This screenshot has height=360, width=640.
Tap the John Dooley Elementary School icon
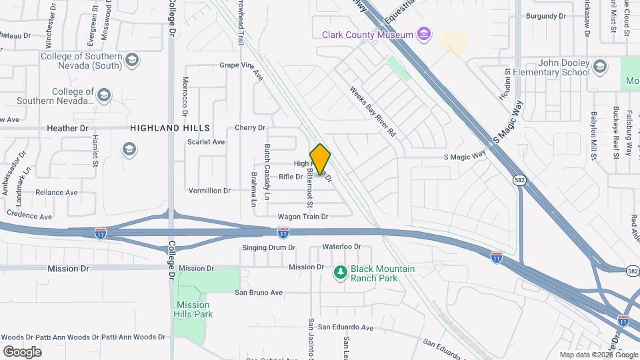coord(600,65)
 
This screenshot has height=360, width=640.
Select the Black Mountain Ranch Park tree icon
coord(341,272)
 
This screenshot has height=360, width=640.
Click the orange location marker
coord(320,159)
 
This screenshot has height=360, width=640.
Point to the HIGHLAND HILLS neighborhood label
coord(170,127)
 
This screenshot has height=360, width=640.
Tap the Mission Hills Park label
coord(193,309)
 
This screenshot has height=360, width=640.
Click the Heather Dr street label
coord(67,127)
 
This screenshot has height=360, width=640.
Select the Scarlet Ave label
coord(206,142)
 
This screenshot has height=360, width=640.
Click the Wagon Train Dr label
coord(303,217)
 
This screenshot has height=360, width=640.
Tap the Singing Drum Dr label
coord(269,247)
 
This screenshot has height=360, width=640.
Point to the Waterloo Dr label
coord(341,247)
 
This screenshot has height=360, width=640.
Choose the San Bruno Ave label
coord(259,293)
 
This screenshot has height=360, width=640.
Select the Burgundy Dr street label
coord(545,15)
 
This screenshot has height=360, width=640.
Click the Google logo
coord(22,352)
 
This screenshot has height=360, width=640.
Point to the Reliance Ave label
coord(57,193)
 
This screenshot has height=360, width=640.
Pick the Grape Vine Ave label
coord(242,66)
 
